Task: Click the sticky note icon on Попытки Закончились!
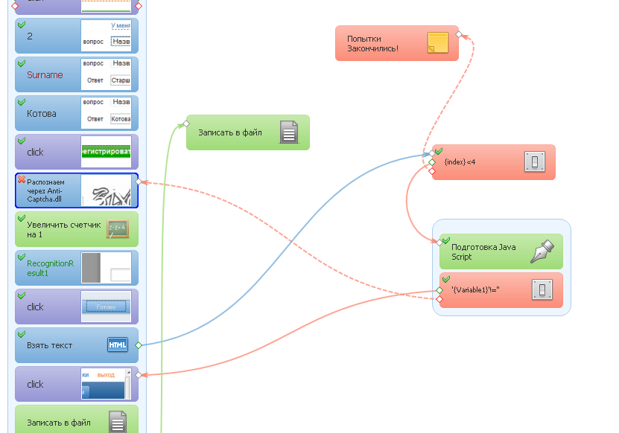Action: (x=437, y=43)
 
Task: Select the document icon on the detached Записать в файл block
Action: (x=289, y=132)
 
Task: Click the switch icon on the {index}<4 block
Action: (x=534, y=161)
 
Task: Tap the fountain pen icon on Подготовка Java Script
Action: (x=542, y=251)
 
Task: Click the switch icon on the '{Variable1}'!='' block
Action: (x=542, y=289)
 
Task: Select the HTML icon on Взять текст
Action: (x=118, y=345)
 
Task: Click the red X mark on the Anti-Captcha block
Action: (x=21, y=179)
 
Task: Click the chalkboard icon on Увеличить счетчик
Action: (x=118, y=229)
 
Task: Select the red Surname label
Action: (x=45, y=75)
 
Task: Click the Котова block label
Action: (x=42, y=114)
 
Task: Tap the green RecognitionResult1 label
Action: (x=50, y=268)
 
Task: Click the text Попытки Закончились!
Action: (x=372, y=43)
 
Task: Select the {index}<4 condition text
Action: (x=460, y=161)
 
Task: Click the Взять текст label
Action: (x=50, y=346)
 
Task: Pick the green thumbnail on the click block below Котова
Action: (x=106, y=152)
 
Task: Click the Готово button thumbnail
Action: (x=106, y=307)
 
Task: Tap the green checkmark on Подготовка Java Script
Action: (x=445, y=240)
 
